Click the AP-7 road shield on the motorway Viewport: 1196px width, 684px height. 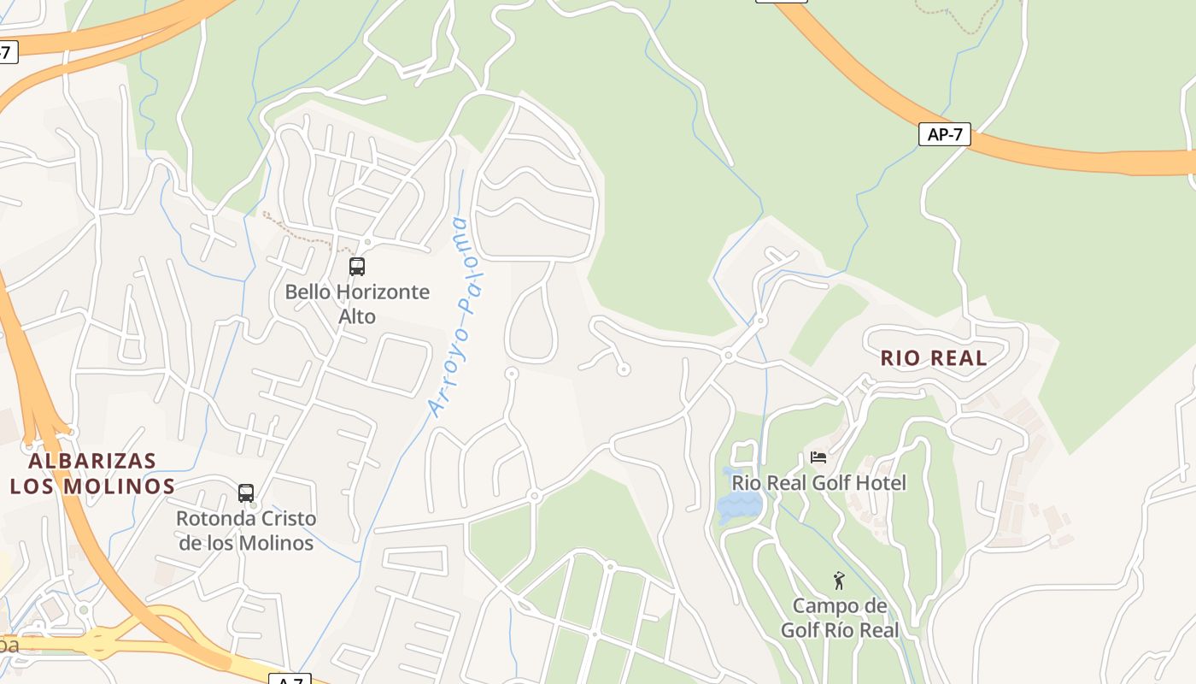tap(944, 134)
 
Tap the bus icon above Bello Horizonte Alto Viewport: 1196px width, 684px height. tap(357, 267)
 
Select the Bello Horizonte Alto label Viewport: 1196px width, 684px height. tap(357, 304)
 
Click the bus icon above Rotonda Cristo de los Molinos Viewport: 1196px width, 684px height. tap(246, 493)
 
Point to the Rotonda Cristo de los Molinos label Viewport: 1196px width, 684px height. tap(246, 531)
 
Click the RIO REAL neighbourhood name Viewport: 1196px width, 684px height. tap(934, 358)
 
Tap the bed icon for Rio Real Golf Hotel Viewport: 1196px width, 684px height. tap(818, 457)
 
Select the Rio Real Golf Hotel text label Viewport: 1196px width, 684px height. tap(818, 483)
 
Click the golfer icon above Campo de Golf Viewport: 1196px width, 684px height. tap(839, 581)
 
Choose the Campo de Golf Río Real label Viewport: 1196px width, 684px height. tap(839, 618)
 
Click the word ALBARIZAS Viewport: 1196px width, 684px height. tap(92, 462)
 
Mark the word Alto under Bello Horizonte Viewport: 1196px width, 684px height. tap(357, 316)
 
